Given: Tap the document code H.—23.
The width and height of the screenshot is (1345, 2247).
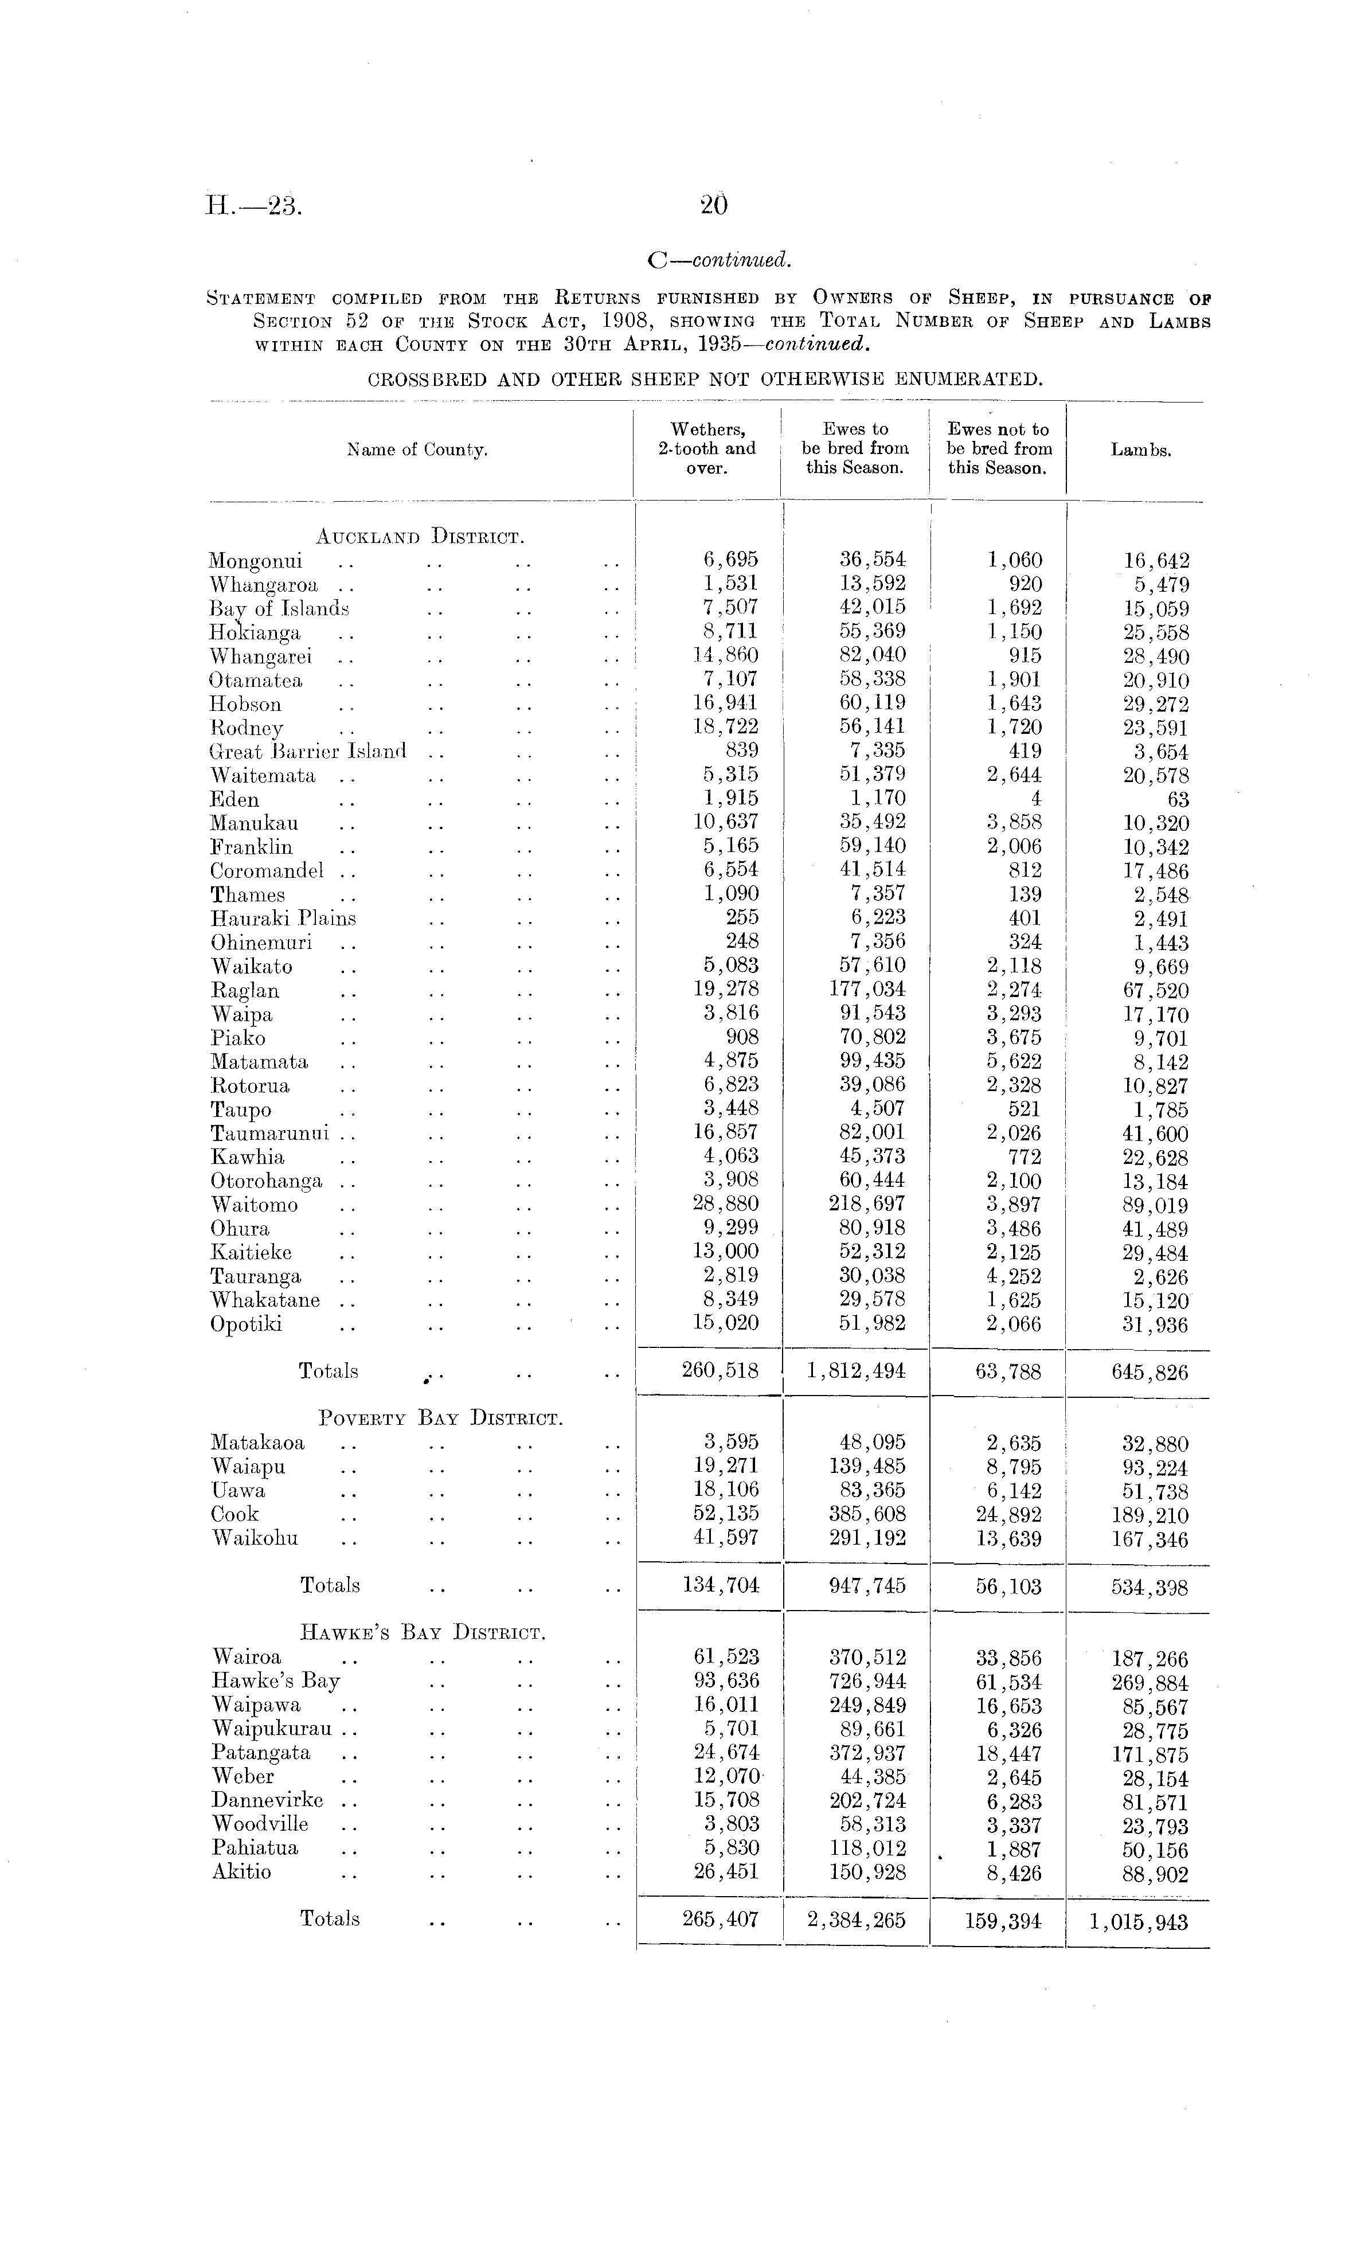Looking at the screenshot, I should pyautogui.click(x=253, y=206).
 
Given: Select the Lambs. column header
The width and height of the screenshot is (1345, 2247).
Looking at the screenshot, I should pyautogui.click(x=1140, y=450).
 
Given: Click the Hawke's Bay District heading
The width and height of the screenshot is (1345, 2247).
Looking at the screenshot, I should pyautogui.click(x=423, y=1634).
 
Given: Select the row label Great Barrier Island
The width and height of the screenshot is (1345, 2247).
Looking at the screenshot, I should pyautogui.click(x=307, y=752).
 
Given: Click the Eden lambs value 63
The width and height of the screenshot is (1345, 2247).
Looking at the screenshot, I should pyautogui.click(x=1178, y=799).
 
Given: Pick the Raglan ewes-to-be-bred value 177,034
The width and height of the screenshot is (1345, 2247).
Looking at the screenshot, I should pyautogui.click(x=867, y=990).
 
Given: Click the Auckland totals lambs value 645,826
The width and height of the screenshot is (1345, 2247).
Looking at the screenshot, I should pyautogui.click(x=1149, y=1372).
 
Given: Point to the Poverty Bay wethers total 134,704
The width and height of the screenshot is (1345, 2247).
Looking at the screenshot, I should pyautogui.click(x=721, y=1585).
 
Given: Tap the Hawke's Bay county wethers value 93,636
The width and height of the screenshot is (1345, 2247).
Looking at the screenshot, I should pyautogui.click(x=725, y=1682).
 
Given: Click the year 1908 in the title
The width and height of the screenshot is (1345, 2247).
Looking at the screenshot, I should pyautogui.click(x=629, y=321).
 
